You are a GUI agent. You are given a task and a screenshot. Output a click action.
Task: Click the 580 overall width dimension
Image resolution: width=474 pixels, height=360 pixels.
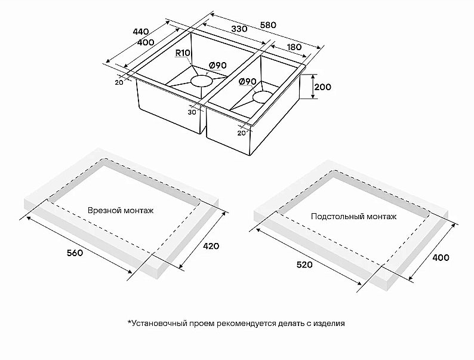click(x=268, y=25)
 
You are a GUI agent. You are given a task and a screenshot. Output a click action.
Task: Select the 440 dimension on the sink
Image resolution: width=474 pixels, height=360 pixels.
click(x=140, y=31)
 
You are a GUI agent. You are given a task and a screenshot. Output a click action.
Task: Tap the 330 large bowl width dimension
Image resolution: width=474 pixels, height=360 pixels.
click(x=221, y=29)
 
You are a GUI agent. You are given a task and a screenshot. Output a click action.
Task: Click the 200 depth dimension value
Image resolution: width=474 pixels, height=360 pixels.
click(x=322, y=87)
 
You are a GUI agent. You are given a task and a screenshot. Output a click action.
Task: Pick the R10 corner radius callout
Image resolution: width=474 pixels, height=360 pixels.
click(x=183, y=53)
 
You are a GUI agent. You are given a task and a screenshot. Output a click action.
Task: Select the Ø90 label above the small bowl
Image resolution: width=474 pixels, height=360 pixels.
click(x=247, y=81)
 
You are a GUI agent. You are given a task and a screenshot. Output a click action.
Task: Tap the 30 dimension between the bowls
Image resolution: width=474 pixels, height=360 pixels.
click(x=192, y=112)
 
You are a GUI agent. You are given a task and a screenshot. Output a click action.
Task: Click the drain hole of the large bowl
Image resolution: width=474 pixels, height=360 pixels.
click(x=201, y=81)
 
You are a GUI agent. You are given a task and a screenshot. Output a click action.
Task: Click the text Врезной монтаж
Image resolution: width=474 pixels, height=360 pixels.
click(x=121, y=211)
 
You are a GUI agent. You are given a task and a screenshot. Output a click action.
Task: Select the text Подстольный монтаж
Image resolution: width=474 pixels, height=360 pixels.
click(x=353, y=216)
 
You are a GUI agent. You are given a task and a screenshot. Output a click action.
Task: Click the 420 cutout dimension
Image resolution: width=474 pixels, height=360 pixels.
click(x=211, y=246)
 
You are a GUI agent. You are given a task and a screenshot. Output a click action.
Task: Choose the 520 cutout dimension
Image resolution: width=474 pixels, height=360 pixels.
click(x=304, y=265)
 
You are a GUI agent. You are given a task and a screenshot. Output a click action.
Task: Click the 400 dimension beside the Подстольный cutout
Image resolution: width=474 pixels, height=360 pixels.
click(x=441, y=257)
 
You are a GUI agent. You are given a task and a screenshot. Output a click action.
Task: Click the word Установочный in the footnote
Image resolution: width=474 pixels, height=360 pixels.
click(x=158, y=324)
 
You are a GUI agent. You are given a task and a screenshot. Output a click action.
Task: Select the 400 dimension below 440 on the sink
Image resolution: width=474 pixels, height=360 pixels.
click(x=146, y=42)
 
